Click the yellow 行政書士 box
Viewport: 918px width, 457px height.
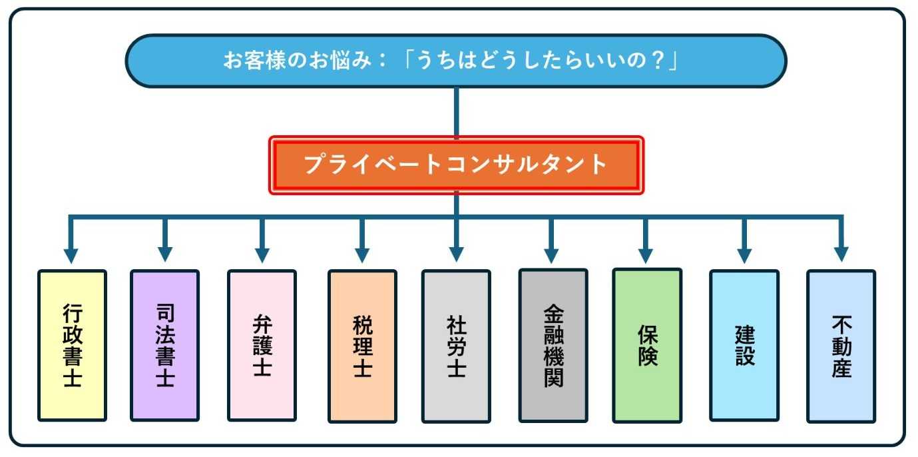point(72,346)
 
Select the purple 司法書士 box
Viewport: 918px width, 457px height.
point(164,346)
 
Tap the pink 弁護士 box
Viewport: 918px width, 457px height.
point(262,346)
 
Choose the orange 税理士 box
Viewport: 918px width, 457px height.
point(362,346)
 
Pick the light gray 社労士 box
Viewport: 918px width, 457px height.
point(456,346)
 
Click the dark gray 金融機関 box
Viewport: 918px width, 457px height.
point(553,346)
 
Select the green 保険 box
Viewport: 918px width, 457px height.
point(647,346)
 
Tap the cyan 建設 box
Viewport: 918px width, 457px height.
point(744,346)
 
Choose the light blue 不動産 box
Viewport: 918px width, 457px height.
point(841,346)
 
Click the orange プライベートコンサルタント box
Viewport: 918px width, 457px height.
point(456,165)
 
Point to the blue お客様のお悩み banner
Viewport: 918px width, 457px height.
point(456,61)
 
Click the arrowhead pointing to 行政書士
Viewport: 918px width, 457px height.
point(71,254)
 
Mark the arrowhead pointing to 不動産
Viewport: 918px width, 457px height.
point(841,254)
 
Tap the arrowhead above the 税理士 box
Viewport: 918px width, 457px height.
point(362,254)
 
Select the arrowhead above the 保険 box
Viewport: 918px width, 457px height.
point(646,254)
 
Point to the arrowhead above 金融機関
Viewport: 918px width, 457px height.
point(551,254)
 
